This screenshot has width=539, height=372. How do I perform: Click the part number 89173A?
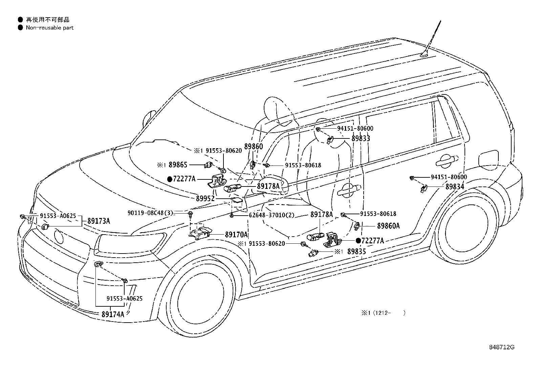pos(99,221)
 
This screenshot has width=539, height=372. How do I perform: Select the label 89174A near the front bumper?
pos(113,314)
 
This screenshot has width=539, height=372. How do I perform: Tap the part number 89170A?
pos(236,234)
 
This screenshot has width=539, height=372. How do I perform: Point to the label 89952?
pos(205,198)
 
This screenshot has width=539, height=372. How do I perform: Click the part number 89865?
pos(178,165)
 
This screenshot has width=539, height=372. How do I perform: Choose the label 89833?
pos(361,138)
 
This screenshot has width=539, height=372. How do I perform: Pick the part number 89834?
pos(455,187)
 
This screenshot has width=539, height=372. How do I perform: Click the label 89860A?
pos(388,226)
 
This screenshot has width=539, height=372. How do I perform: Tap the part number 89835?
pos(357,251)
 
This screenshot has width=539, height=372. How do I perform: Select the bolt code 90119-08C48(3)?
pos(150,213)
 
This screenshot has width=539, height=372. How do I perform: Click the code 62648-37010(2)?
pos(272,215)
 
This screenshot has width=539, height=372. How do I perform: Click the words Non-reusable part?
pos(49,28)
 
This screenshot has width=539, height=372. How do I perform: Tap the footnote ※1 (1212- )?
pos(383,313)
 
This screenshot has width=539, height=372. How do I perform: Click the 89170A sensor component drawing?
pos(200,232)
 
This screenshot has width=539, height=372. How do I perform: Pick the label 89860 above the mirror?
pos(254,147)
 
